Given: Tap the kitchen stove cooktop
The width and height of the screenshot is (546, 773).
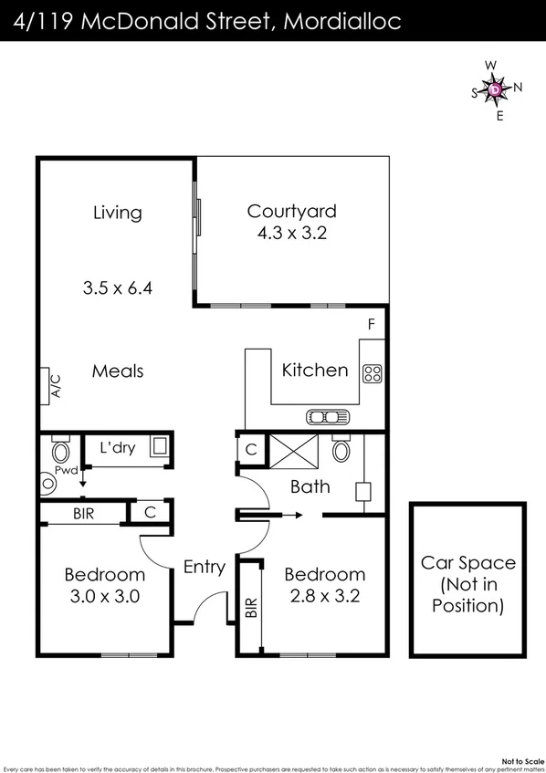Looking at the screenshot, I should coord(373,372).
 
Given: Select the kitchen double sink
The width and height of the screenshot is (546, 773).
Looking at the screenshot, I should coord(328,417).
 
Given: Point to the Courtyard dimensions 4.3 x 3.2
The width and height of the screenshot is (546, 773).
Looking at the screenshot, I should coord(292,233).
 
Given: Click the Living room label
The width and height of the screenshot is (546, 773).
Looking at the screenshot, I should coord(118,213).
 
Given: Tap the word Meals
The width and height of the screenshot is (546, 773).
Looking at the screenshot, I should coord(118,371).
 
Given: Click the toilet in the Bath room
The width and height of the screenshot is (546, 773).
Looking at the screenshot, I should coord(341,449).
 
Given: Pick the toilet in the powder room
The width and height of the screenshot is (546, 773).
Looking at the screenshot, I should coord(61,450).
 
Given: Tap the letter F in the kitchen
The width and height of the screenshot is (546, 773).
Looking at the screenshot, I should coord(371,324).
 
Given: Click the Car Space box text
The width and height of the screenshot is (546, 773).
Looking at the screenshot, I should coord(467,584).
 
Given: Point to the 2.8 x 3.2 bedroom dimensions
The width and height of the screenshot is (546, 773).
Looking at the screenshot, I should coord(324,598).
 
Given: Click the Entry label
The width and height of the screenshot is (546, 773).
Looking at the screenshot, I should coord(204,567).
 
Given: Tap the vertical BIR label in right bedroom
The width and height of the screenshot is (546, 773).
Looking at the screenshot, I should coord(251,607).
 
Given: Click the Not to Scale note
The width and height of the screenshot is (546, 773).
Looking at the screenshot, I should coord(521,759).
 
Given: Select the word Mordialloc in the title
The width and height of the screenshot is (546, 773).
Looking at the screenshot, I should coord(342,22).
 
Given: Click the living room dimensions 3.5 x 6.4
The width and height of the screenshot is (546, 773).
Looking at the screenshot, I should coord(117,287).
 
